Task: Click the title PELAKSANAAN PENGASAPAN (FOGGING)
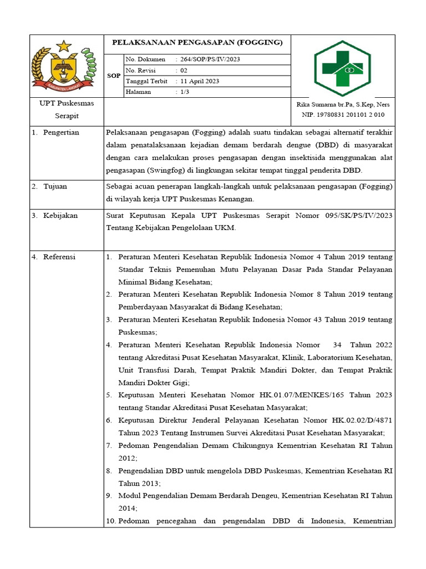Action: point(197,42)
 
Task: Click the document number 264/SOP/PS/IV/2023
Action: point(210,59)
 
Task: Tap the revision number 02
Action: point(184,71)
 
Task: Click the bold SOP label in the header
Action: point(114,76)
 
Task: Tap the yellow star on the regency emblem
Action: point(65,46)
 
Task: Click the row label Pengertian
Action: point(61,132)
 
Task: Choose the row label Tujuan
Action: point(55,186)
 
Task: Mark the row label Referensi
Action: point(60,257)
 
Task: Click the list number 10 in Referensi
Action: point(110,521)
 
